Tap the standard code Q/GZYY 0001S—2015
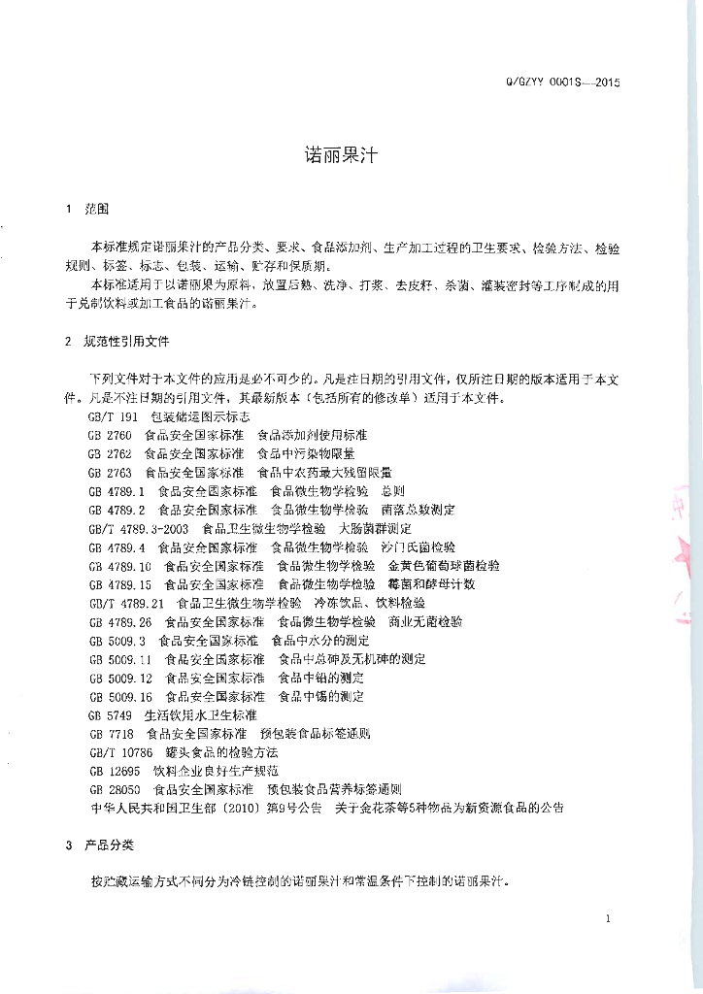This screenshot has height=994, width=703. coord(560,83)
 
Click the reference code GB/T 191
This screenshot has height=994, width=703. coord(107,416)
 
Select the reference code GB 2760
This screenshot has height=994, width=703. coord(109,435)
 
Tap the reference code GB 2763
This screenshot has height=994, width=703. coord(109,472)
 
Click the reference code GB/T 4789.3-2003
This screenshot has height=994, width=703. coord(138,529)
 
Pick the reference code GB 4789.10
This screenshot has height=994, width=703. coord(119,566)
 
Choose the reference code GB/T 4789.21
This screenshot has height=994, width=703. coord(125,603)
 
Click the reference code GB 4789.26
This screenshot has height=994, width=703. coord(119,621)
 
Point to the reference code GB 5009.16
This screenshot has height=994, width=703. coord(119,696)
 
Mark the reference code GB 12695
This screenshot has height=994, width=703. coord(112,771)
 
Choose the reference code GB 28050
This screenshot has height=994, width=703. coord(112,789)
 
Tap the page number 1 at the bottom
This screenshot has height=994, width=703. coord(607,918)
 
